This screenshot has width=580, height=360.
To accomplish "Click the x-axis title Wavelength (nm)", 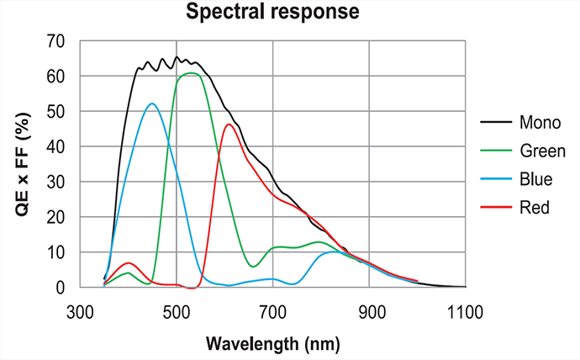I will [272, 344].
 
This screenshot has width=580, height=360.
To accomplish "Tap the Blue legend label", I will [536, 179].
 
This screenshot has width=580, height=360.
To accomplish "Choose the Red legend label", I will [535, 207].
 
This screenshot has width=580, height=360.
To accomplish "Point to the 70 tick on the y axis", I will [56, 41].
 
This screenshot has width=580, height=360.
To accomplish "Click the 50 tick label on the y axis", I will [56, 112].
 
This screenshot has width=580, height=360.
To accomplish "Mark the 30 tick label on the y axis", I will [56, 182].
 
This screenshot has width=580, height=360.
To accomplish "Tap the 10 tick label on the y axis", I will [56, 252].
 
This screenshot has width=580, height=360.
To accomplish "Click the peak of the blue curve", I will [151, 103].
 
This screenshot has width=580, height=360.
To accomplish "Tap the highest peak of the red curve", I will [229, 124].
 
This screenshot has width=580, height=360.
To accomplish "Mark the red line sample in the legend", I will [497, 207].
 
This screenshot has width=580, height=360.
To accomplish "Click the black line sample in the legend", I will [497, 124].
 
